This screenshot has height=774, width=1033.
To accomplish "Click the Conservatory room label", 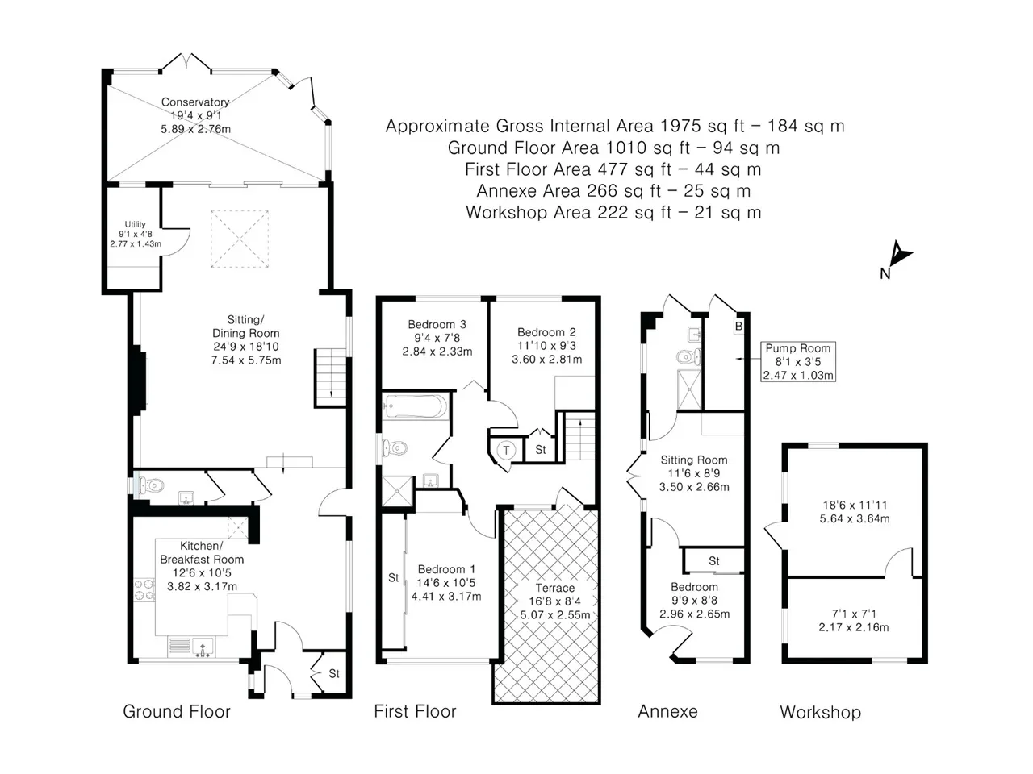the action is tap(195, 102).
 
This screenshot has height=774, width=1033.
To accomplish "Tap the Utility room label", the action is tap(135, 224).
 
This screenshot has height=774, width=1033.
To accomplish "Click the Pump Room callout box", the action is tap(798, 361).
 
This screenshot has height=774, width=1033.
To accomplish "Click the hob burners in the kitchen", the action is tap(144, 590).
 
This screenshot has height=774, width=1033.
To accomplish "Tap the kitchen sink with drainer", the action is tap(191, 647).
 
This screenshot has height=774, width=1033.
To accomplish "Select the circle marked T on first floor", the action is tap(506, 450).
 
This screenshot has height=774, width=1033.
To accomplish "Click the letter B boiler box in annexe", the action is tap(738, 327).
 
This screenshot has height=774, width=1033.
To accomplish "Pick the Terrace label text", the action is tap(555, 588).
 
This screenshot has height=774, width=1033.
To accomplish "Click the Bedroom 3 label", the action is tap(437, 324).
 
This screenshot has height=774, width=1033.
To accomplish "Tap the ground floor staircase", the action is tap(330, 378).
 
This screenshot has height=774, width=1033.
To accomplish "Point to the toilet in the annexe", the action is tap(688, 357).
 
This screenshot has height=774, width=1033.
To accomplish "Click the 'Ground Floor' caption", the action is tap(177, 711).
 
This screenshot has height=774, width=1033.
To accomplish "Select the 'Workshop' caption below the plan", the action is tap(820, 712).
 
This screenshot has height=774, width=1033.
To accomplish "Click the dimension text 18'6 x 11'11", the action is tap(855, 506).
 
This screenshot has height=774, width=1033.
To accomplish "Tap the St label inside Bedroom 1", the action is tap(394, 577).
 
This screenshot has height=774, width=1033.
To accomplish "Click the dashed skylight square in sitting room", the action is tap(240, 239).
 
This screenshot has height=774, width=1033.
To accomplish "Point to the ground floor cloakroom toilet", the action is tap(151, 485).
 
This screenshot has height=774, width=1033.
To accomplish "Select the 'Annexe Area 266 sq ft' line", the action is tap(613, 191).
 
